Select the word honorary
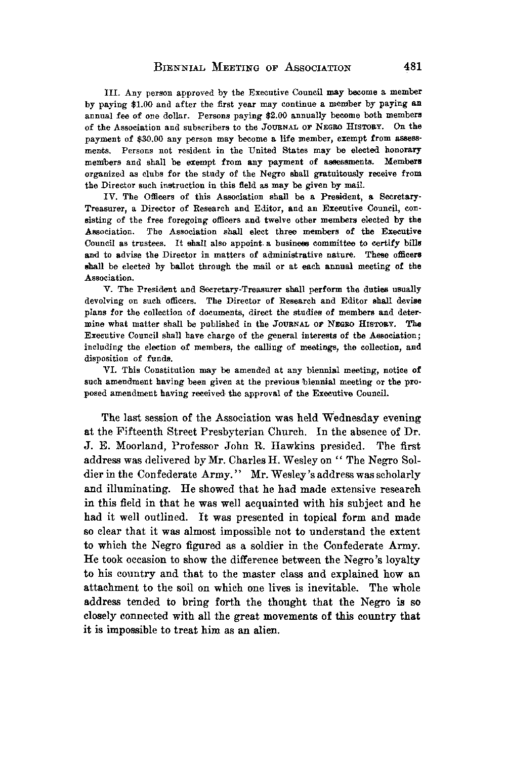coord(400,151)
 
